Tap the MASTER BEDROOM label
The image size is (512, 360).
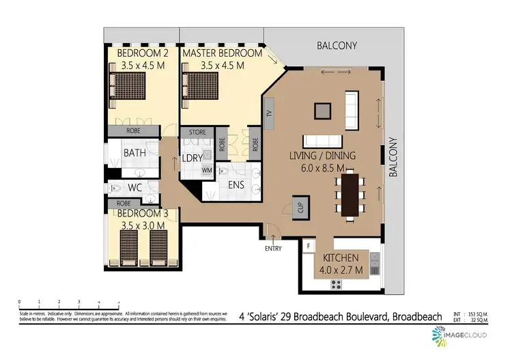[x=222, y=53]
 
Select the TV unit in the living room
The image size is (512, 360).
[x=269, y=114]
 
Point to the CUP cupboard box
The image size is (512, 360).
[x=298, y=206]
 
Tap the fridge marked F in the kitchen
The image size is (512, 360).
[x=309, y=245]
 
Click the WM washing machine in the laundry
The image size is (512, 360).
[x=206, y=169]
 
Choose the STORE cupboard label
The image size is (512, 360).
[x=197, y=133]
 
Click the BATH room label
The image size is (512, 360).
[x=134, y=152]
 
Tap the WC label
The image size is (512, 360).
[x=135, y=186]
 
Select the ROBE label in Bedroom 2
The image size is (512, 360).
[x=134, y=130]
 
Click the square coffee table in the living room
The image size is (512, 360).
[x=321, y=110]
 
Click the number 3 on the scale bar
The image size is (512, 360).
[x=79, y=301]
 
